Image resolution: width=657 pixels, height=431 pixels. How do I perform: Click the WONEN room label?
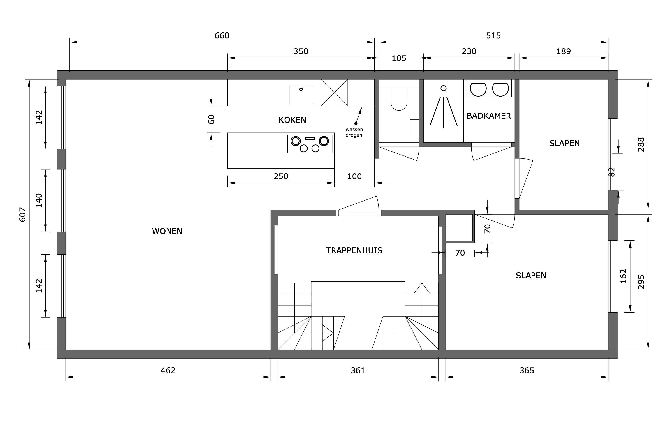click(x=167, y=231)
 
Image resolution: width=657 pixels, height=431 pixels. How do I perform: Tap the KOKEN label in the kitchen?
click(x=292, y=120)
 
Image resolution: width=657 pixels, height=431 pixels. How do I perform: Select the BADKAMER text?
click(x=489, y=116)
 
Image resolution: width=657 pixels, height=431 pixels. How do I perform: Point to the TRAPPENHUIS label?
click(x=354, y=250)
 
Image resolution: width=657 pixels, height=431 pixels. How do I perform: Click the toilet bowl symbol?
click(x=399, y=99)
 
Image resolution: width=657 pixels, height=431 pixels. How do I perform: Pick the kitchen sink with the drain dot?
click(x=301, y=95)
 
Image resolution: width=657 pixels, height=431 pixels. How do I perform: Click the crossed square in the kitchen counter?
click(x=334, y=93)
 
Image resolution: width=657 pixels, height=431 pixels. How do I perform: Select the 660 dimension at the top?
click(x=222, y=36)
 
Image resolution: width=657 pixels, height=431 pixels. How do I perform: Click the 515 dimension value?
click(x=493, y=36)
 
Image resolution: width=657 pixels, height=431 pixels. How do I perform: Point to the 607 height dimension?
click(x=22, y=215)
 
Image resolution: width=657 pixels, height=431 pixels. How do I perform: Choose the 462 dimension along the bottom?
click(x=168, y=370)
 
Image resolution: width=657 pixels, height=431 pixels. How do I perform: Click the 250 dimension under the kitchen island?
click(x=281, y=176)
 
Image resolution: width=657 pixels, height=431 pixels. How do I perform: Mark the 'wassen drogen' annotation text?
click(x=354, y=132)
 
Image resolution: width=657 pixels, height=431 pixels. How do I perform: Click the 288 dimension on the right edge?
click(x=641, y=144)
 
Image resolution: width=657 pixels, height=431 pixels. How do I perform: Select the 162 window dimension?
click(x=623, y=276)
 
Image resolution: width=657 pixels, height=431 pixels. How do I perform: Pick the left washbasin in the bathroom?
click(x=478, y=90)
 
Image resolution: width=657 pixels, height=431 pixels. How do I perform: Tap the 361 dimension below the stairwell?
click(x=358, y=370)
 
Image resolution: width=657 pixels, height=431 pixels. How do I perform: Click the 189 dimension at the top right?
click(x=563, y=51)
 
